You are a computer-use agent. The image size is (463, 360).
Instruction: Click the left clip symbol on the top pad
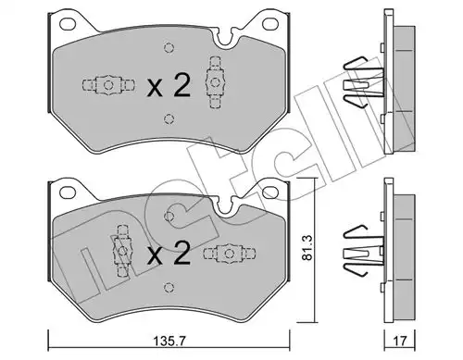tap(105, 86)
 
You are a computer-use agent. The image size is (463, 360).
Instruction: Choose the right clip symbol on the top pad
tap(216, 76)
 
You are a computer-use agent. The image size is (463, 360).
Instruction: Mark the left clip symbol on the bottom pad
tap(119, 247)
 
